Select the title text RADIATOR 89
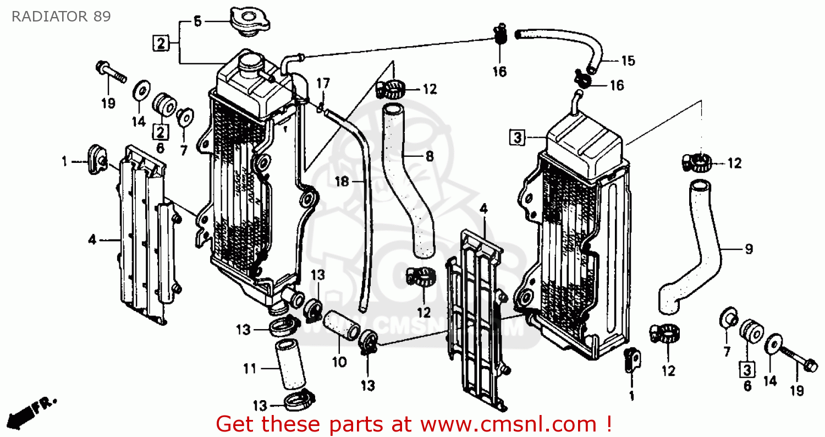point(61,17)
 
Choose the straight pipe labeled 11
point(292,366)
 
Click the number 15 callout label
point(627,61)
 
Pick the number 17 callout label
point(323,84)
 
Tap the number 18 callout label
point(342,181)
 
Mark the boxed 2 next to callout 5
point(160,43)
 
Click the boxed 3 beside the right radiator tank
point(517,137)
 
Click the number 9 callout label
point(749,249)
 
